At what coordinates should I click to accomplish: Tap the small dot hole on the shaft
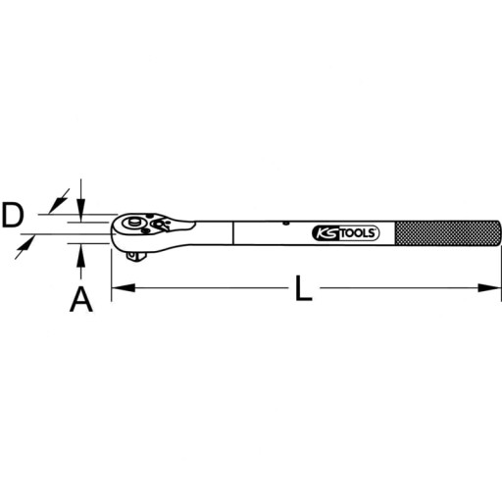[284, 224]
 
